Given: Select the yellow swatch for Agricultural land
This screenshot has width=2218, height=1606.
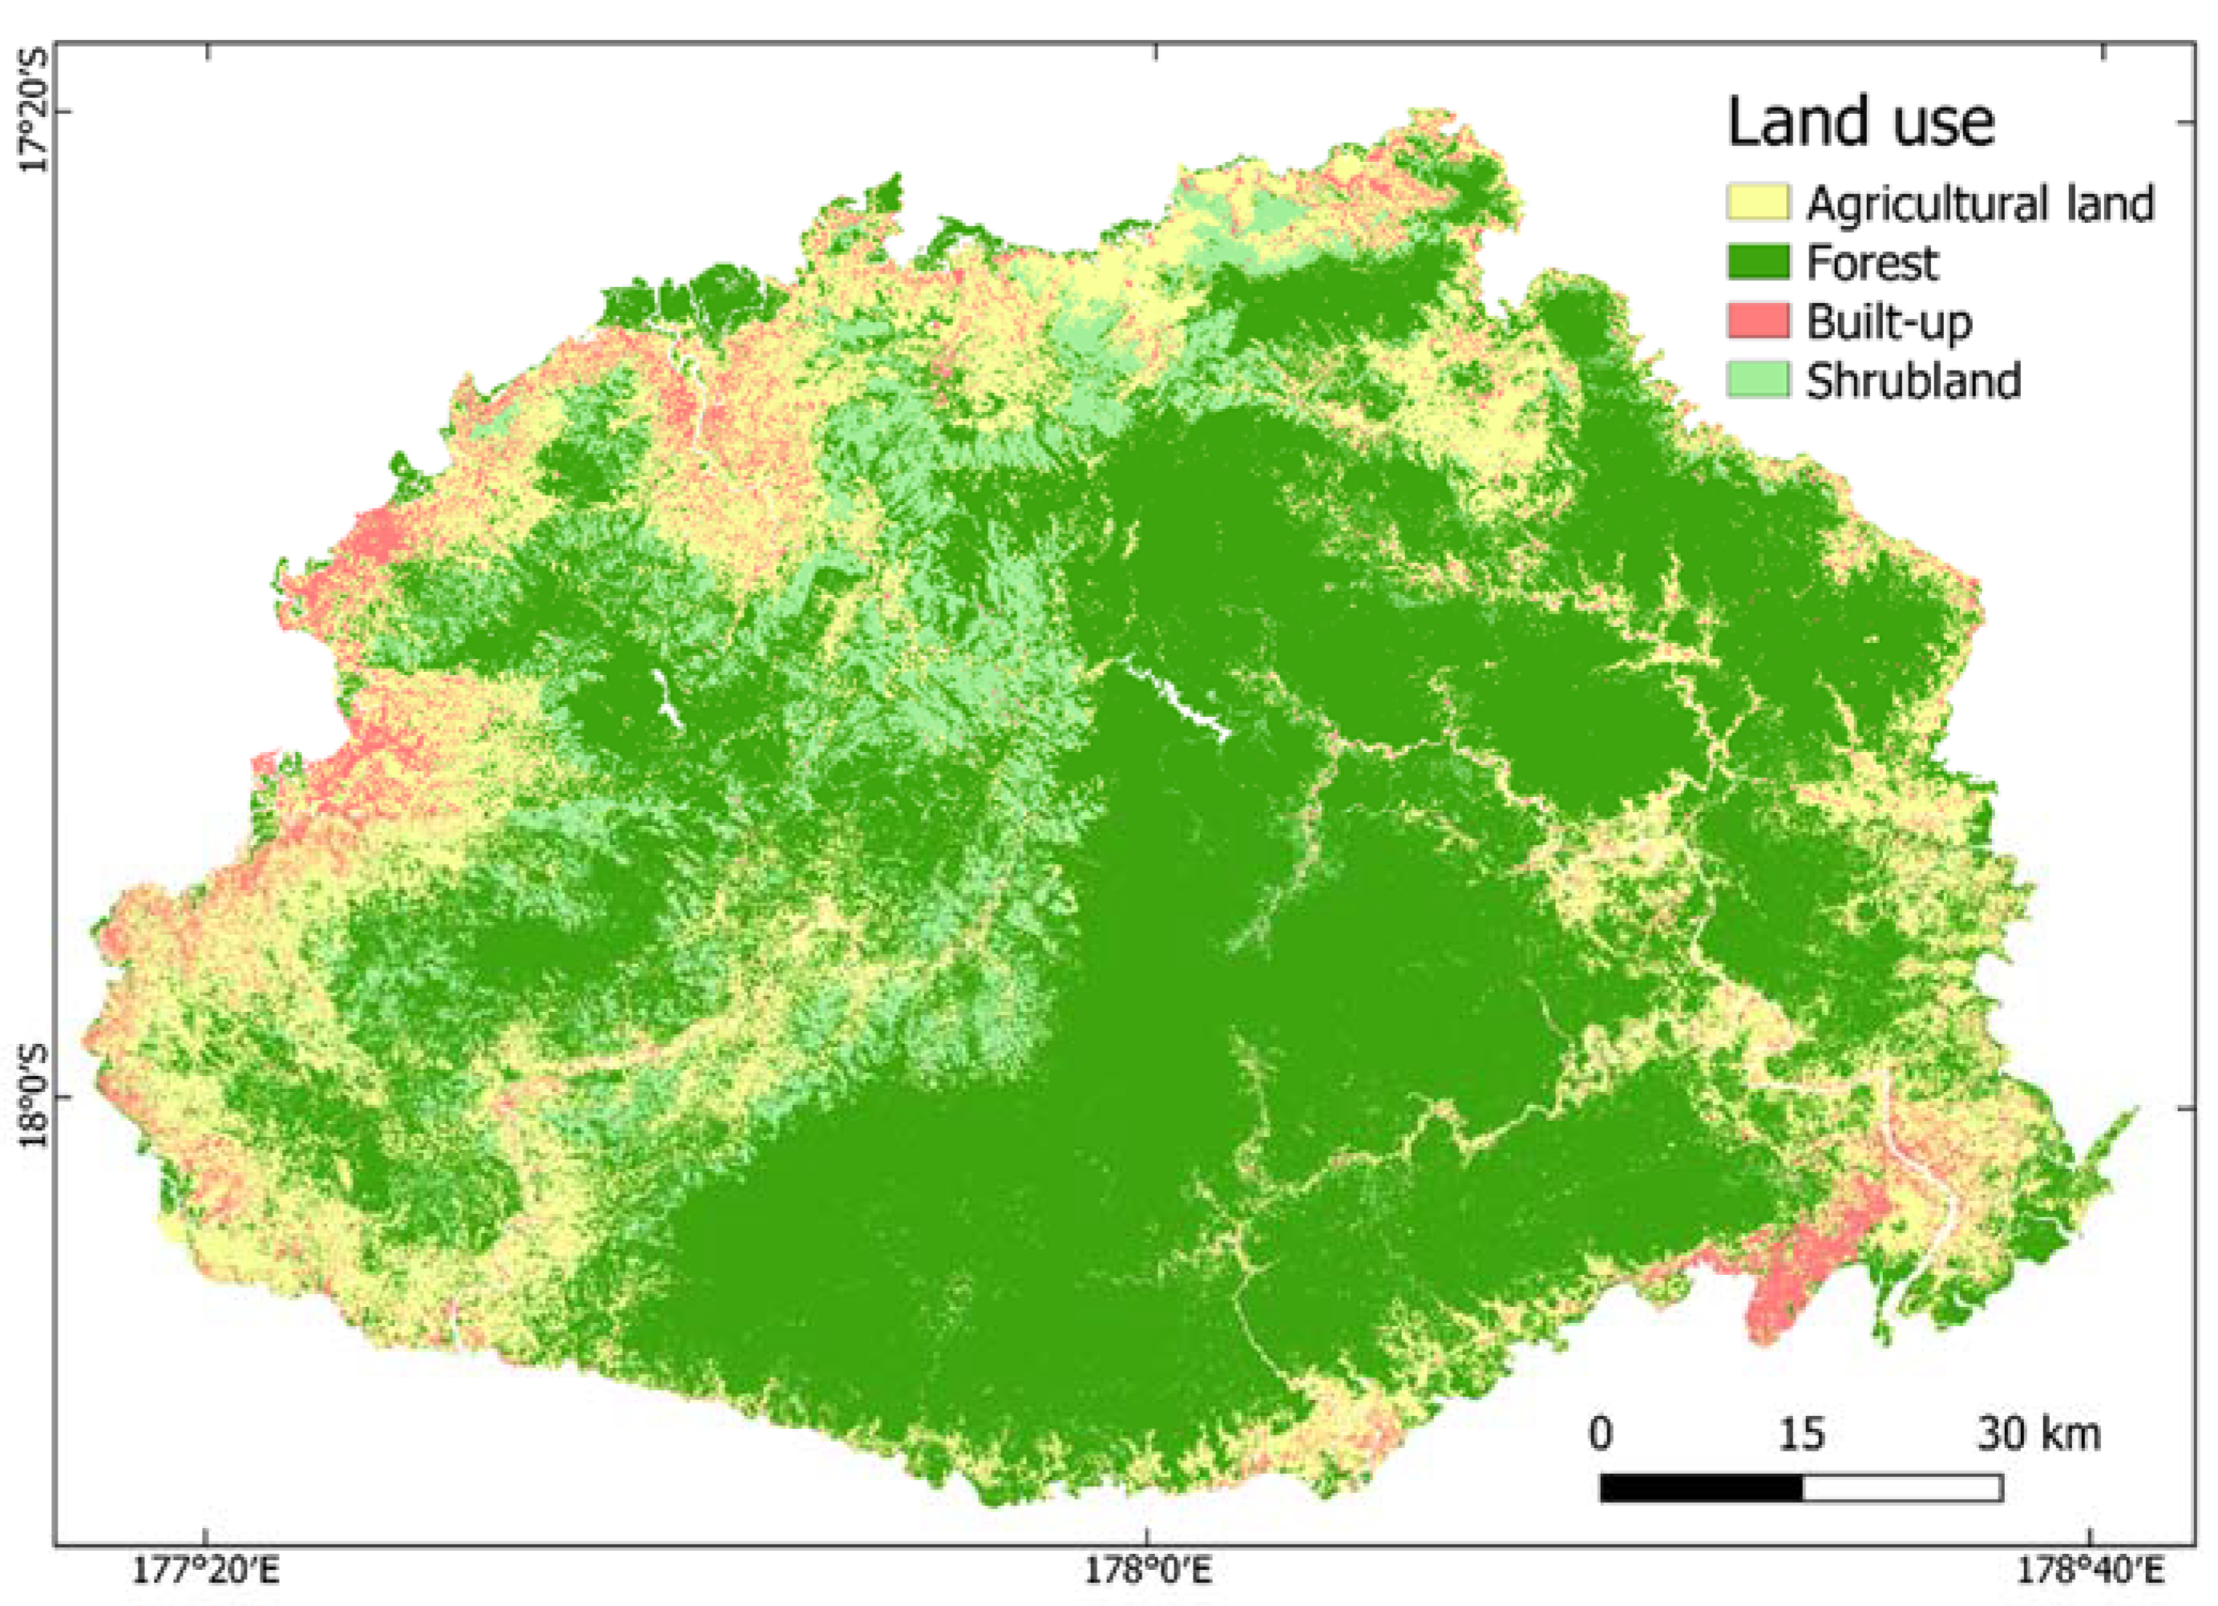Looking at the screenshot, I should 1757,204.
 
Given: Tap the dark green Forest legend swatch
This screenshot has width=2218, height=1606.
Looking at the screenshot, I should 1757,262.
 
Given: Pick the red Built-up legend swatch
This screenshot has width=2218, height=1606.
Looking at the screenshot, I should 1757,321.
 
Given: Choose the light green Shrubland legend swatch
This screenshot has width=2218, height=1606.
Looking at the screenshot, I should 1757,379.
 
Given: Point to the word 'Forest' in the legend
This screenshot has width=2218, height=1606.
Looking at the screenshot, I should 1872,262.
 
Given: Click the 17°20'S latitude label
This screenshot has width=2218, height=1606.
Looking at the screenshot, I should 35,111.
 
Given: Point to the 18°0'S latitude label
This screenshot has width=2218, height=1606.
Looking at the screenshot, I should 35,1099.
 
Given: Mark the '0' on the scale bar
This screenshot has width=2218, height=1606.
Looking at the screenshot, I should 1601,1434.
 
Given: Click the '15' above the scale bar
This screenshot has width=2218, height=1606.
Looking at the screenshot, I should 1800,1434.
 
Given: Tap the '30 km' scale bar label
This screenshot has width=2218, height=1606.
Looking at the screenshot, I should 2038,1434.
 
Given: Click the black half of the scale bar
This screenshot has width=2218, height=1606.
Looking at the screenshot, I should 1701,1487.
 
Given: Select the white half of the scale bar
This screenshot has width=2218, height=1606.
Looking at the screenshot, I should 1902,1487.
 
